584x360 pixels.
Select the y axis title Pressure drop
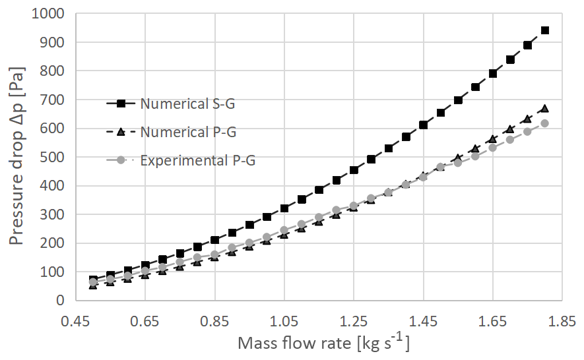[x=18, y=157]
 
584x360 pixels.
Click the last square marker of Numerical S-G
[x=544, y=30]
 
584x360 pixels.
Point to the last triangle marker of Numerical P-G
[x=544, y=109]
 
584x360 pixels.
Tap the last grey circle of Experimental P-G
[x=544, y=123]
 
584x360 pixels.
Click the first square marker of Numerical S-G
[x=93, y=280]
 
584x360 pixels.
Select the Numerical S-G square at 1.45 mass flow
[x=423, y=125]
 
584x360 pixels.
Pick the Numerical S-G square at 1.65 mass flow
[x=492, y=73]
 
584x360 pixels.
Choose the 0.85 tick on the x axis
[x=214, y=321]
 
